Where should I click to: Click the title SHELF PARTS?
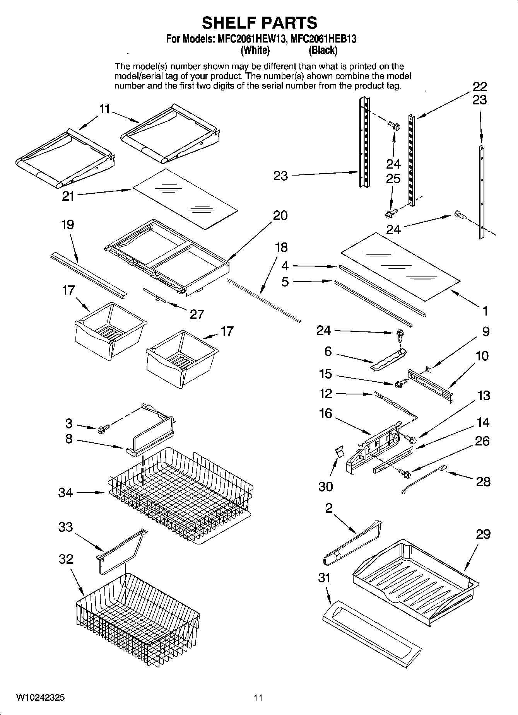point(259,23)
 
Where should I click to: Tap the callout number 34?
point(65,493)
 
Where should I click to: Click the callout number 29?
point(483,534)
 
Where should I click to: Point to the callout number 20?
point(280,215)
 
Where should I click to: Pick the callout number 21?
point(68,196)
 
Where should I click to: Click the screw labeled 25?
point(391,213)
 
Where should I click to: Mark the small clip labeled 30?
point(339,451)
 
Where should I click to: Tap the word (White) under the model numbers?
point(255,50)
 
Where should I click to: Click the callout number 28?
point(483,481)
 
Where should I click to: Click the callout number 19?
point(68,225)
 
